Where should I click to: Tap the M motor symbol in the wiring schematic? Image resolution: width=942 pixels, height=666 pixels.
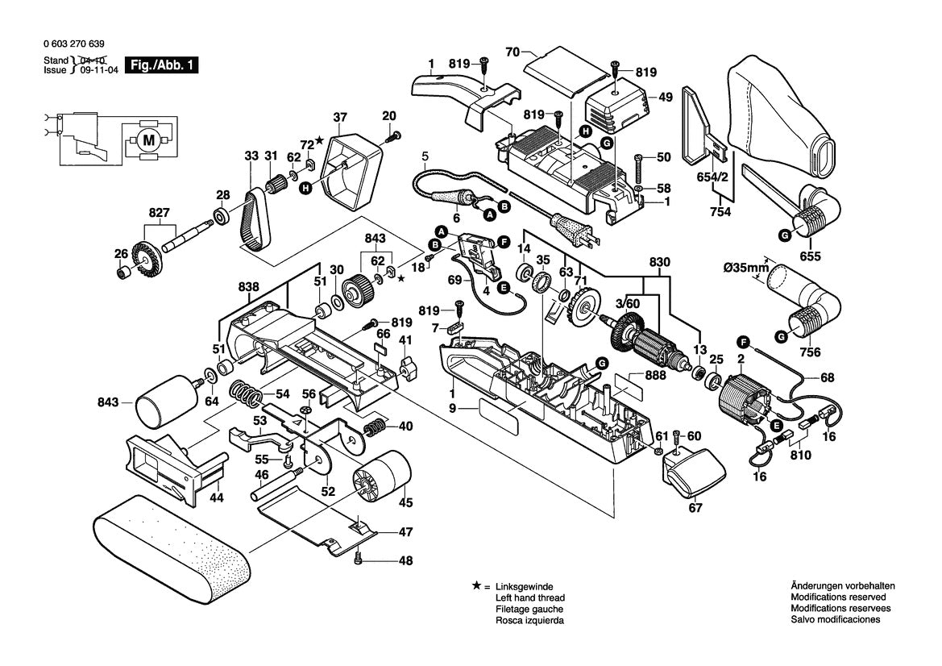pyautogui.click(x=148, y=140)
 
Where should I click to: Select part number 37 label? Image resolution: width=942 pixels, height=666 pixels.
pyautogui.click(x=340, y=116)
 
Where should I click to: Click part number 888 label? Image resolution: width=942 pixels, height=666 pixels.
pyautogui.click(x=654, y=376)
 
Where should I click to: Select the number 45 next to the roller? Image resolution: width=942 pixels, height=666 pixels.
pyautogui.click(x=405, y=502)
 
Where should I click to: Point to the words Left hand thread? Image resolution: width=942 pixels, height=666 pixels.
pyautogui.click(x=529, y=597)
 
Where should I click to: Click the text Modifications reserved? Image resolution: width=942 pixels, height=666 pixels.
pyautogui.click(x=835, y=597)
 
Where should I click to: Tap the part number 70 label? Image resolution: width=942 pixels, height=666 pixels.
pyautogui.click(x=511, y=52)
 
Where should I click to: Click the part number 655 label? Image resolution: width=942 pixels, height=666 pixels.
pyautogui.click(x=811, y=256)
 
